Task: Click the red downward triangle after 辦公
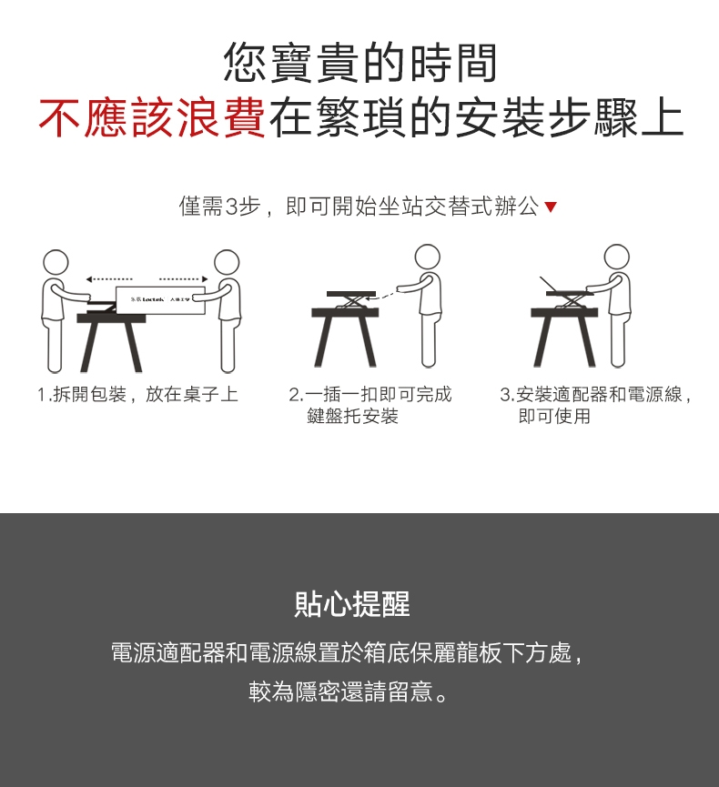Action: (550, 208)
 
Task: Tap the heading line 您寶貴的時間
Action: (360, 64)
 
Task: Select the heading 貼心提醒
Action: (352, 603)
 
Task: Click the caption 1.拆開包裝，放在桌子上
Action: (137, 395)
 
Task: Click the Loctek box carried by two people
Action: (160, 299)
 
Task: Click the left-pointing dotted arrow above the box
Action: (109, 277)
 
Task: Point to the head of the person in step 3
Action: (616, 257)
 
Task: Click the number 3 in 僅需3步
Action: (230, 207)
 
